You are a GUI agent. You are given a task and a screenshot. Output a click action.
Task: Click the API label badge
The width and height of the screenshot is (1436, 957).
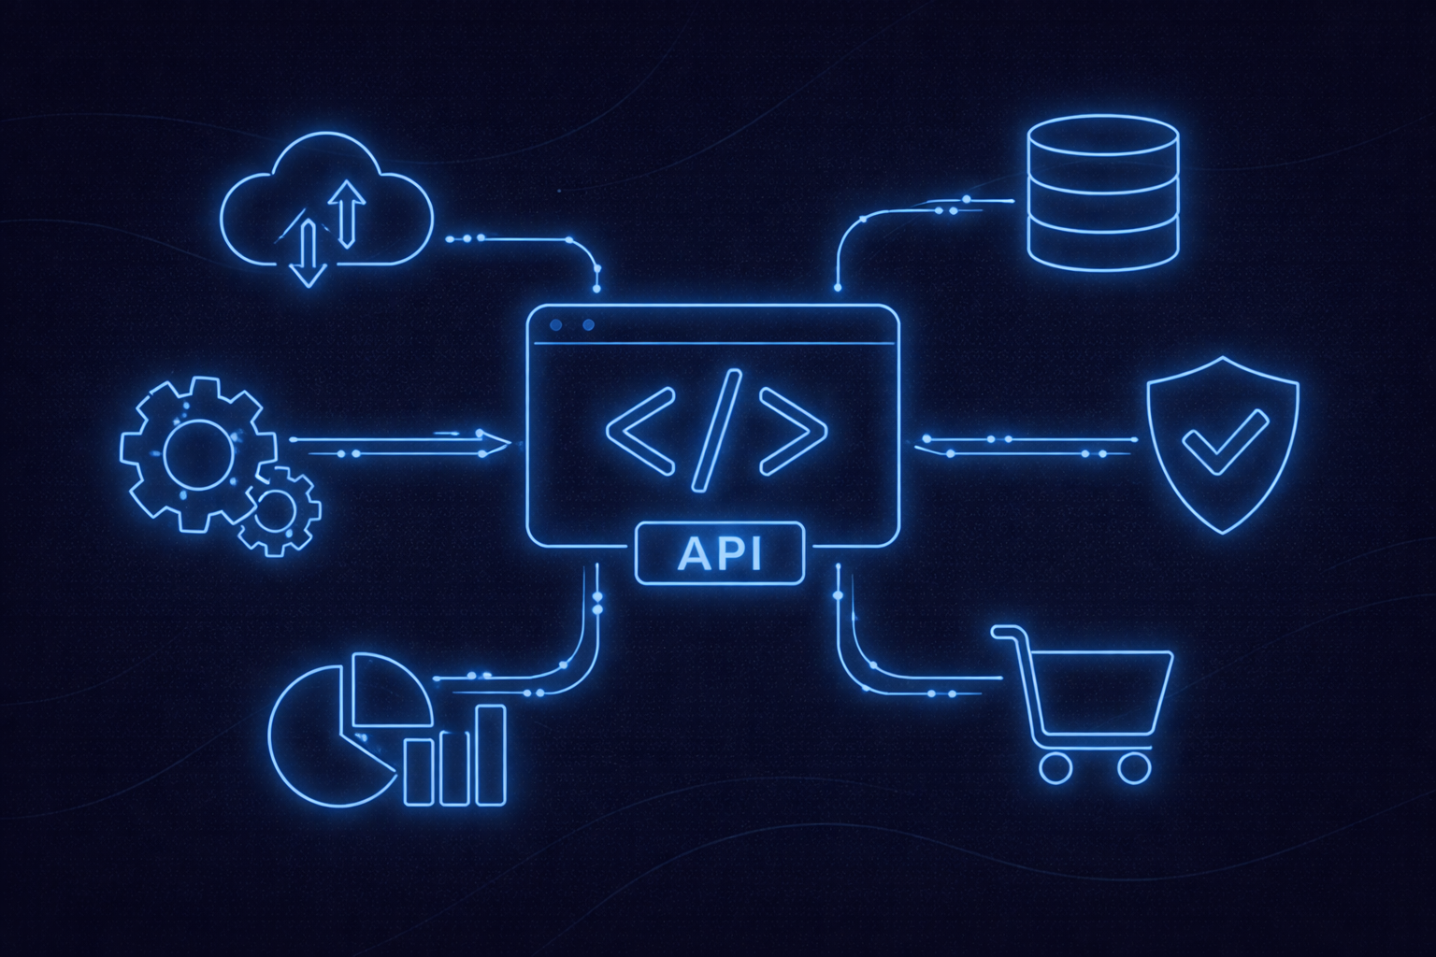(719, 554)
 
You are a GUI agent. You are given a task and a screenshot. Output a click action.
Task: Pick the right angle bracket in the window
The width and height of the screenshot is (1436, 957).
(794, 431)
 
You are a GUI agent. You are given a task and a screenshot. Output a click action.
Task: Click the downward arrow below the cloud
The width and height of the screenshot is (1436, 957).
(307, 252)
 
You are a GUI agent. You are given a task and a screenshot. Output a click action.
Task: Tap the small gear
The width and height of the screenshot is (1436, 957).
(278, 510)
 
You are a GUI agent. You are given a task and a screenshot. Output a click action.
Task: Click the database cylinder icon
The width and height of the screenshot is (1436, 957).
(1102, 191)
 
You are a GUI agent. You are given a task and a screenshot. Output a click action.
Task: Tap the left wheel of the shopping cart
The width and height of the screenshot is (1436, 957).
(1055, 768)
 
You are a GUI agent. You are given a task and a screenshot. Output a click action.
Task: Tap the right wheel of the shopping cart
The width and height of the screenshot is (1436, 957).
(1133, 768)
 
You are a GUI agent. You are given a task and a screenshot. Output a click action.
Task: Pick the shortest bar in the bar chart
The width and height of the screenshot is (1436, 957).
(418, 772)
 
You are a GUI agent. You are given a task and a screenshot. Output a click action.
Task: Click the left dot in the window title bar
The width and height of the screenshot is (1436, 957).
(557, 325)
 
